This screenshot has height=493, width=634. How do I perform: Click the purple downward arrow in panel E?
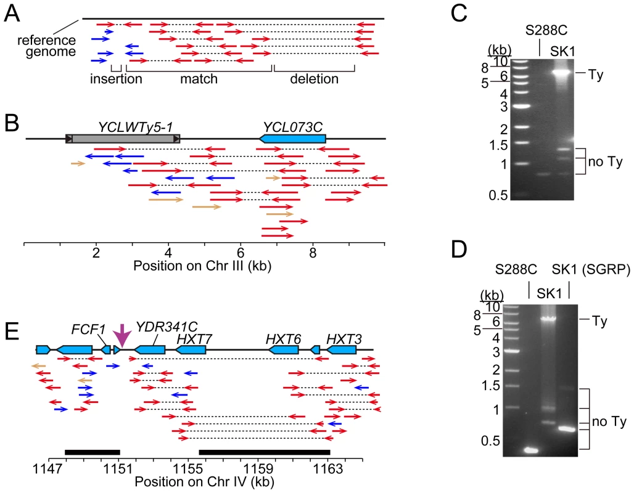(x=121, y=335)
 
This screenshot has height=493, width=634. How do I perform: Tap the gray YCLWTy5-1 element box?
(x=123, y=139)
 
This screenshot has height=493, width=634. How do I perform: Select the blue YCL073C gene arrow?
(x=292, y=139)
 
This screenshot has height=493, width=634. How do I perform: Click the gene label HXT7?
(x=194, y=339)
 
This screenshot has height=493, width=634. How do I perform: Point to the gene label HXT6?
(x=283, y=339)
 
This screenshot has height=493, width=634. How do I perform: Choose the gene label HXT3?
(x=344, y=339)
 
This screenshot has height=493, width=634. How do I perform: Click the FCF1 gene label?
(x=88, y=329)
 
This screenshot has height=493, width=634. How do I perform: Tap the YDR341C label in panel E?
(x=167, y=327)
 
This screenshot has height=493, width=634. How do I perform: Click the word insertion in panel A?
(x=116, y=78)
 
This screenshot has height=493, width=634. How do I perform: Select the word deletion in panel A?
(x=314, y=78)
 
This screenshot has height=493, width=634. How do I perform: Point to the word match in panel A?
(x=199, y=78)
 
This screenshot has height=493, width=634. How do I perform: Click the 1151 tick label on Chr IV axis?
(x=118, y=469)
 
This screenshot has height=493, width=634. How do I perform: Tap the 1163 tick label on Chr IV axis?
(x=328, y=469)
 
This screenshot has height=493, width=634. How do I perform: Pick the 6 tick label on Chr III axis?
(x=241, y=253)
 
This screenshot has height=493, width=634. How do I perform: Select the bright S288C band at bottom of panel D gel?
(x=531, y=450)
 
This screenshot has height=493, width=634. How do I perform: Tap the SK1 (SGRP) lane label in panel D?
(x=591, y=269)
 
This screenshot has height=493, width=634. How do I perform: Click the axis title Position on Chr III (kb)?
(x=202, y=266)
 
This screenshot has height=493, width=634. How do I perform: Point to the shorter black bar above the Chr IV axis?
(x=92, y=452)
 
